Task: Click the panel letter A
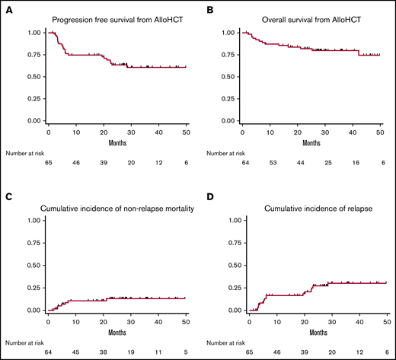tap(8, 8)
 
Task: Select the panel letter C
tap(8, 196)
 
